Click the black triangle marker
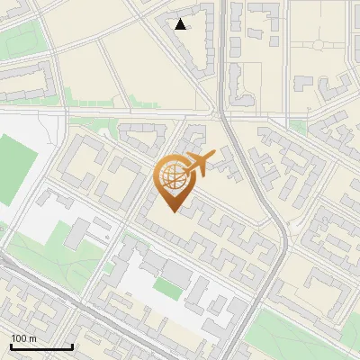181,24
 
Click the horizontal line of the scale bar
41,346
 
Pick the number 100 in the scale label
19,338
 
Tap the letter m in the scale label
33,338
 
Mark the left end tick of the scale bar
11,345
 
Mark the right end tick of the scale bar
72,345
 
